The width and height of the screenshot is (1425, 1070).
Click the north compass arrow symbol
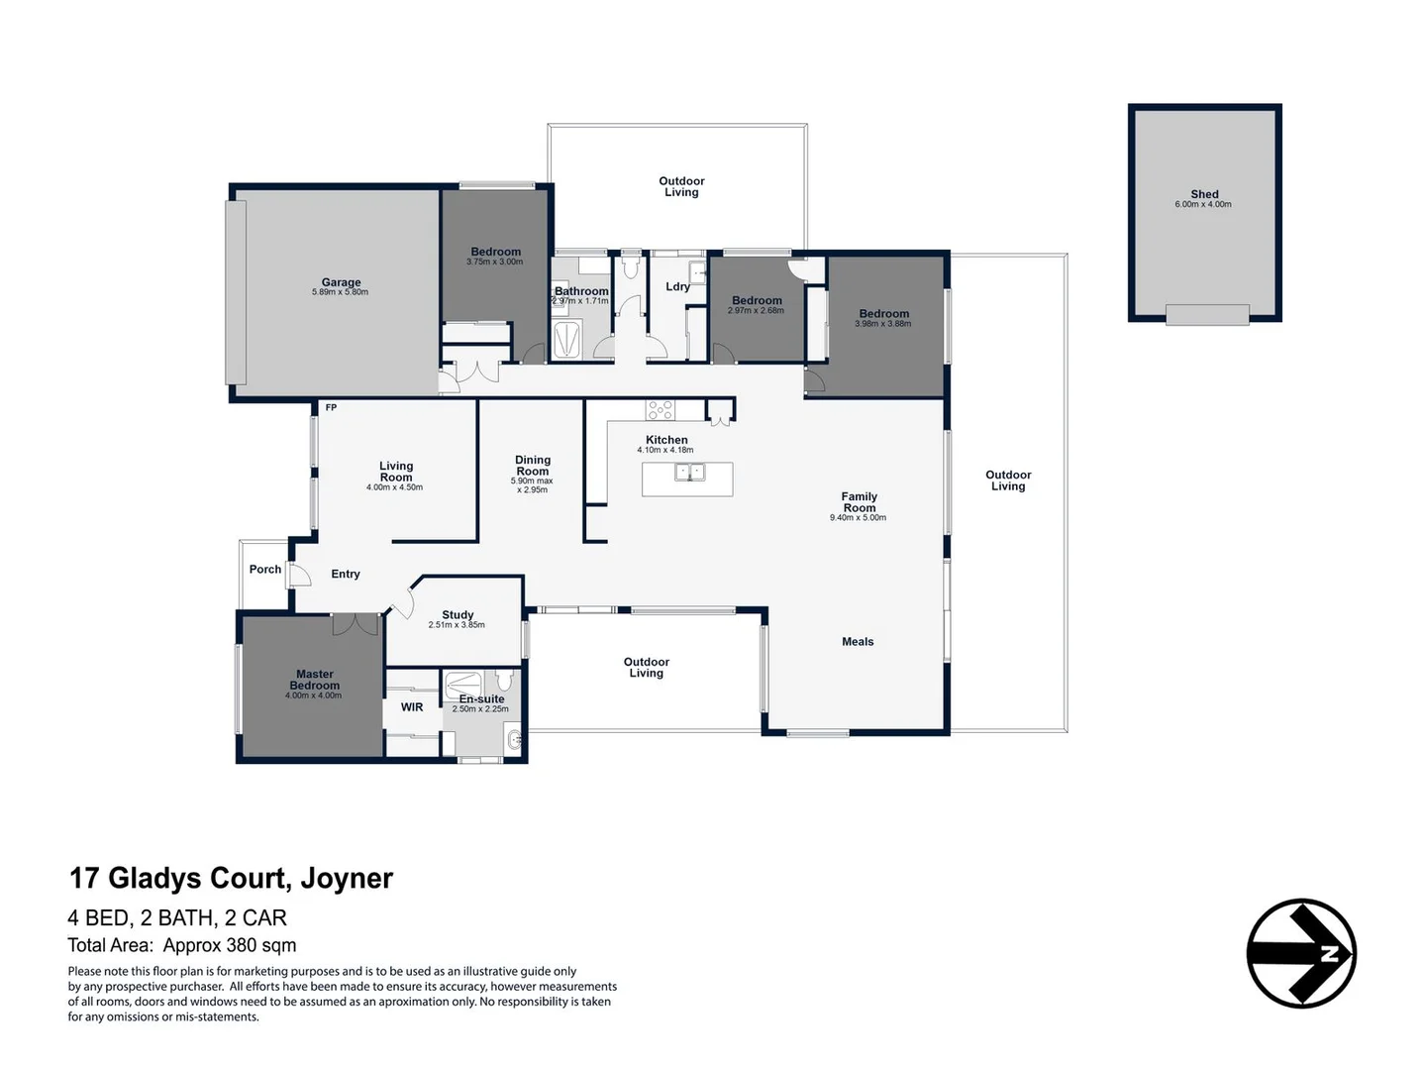(1300, 953)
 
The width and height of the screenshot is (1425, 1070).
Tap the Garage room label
(341, 281)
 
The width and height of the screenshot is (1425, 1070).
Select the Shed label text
(1204, 193)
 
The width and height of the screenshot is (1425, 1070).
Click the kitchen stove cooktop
(660, 410)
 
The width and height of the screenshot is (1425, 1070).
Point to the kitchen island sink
(689, 472)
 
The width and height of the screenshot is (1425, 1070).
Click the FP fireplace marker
(331, 408)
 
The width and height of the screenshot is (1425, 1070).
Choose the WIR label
(412, 707)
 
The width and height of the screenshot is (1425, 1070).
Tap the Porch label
(265, 569)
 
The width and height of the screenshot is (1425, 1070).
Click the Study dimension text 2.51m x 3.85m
(457, 624)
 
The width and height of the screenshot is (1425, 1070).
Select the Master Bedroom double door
(356, 623)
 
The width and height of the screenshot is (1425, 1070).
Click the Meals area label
(858, 641)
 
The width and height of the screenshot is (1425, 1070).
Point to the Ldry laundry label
(677, 286)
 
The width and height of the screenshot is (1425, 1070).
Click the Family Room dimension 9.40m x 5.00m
(858, 517)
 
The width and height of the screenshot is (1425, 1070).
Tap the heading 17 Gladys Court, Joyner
(231, 878)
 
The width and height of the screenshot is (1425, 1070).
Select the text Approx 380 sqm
(229, 945)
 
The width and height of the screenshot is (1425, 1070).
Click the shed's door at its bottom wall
(1207, 315)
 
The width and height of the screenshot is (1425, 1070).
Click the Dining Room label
(533, 466)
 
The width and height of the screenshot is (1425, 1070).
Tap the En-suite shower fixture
(463, 685)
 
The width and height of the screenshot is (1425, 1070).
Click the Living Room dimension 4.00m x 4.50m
(394, 487)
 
